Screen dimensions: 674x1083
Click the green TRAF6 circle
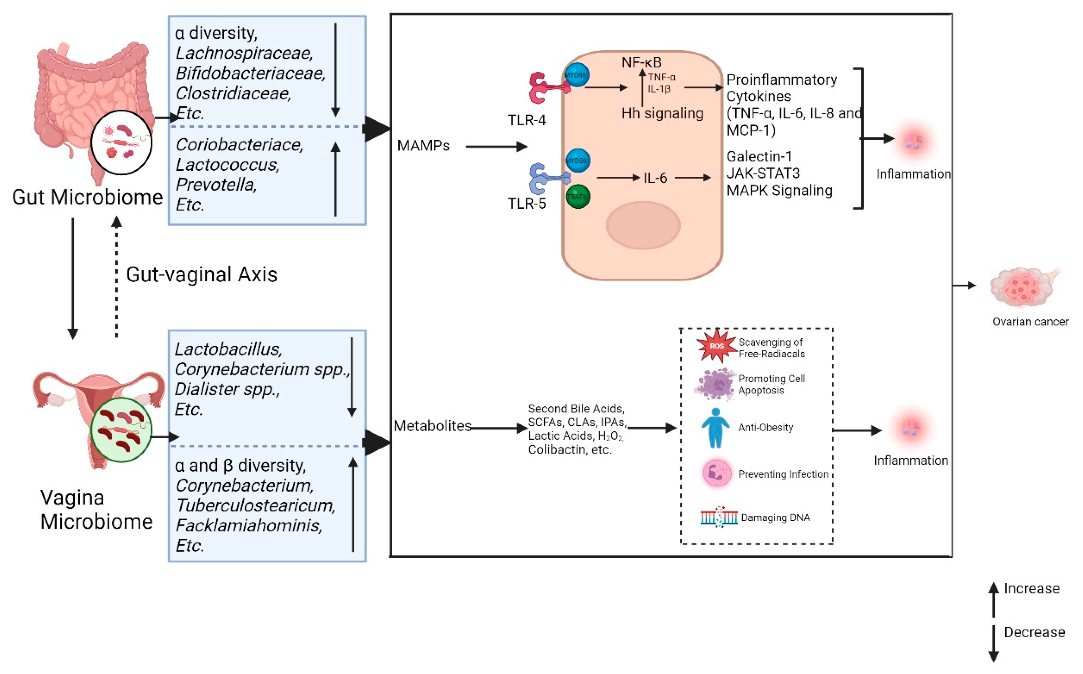tap(578, 197)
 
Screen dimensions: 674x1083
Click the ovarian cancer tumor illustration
tap(1022, 288)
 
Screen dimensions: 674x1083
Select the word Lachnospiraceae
tap(244, 53)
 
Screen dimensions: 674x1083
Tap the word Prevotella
tap(216, 185)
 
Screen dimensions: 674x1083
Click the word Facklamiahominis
tap(249, 525)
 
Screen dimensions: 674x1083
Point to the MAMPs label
tap(423, 146)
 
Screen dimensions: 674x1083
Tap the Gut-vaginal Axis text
tap(202, 274)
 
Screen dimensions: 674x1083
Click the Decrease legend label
tap(1034, 633)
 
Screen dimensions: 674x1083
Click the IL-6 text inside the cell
tap(655, 178)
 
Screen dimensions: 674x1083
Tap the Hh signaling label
tap(662, 113)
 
